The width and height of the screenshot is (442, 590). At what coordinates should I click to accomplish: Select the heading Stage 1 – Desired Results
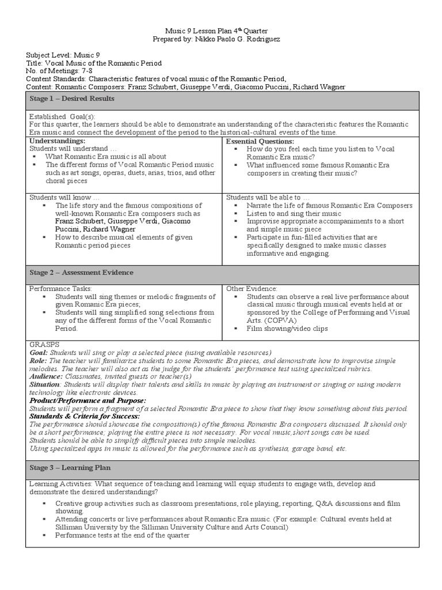coord(72,99)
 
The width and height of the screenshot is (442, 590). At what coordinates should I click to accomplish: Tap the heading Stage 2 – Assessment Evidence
coord(81,273)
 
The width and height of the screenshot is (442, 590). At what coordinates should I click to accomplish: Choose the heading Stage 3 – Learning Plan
coord(70,468)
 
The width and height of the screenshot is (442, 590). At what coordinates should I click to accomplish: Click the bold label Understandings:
coord(57,141)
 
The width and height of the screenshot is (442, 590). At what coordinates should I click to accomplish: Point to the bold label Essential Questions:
coord(260,141)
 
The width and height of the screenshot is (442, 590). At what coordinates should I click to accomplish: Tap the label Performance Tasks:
coord(60,288)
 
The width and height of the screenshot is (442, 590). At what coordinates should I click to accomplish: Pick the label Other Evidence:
coord(252,288)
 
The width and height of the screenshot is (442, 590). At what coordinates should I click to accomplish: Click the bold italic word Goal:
coord(39,353)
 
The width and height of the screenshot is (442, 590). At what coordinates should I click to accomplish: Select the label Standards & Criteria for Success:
coord(85,416)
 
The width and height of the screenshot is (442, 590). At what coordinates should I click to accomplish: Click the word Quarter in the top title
coord(253,30)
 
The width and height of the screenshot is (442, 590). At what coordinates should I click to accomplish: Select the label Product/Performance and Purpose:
coord(87,400)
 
